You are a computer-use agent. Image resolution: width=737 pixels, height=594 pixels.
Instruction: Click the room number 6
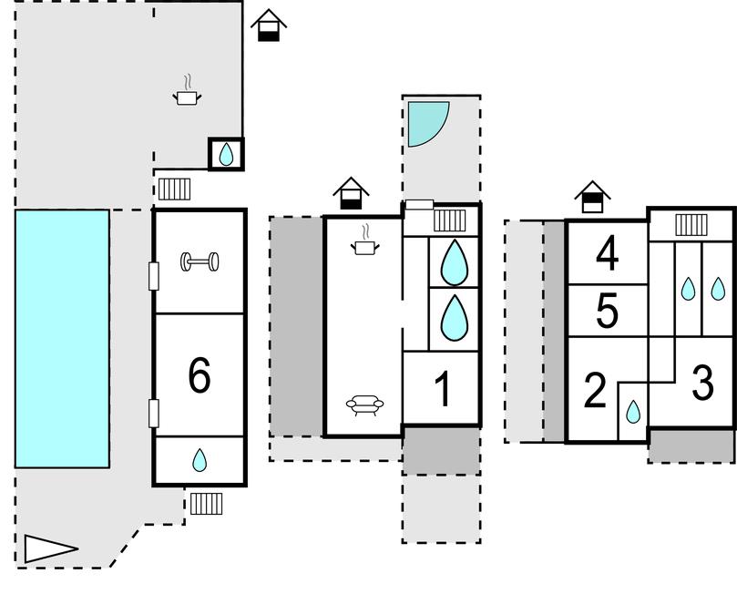pyautogui.click(x=199, y=374)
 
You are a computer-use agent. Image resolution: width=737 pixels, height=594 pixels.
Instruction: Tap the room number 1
pyautogui.click(x=443, y=391)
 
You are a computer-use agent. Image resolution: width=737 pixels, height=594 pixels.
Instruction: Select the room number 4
pyautogui.click(x=608, y=254)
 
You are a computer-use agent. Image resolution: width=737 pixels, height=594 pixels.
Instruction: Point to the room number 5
pyautogui.click(x=608, y=312)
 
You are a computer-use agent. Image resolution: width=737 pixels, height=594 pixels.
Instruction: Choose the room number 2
pyautogui.click(x=595, y=391)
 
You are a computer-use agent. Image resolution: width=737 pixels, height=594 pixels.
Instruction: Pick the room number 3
pyautogui.click(x=702, y=384)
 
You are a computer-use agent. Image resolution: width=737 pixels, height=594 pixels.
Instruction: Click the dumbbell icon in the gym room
pyautogui.click(x=200, y=262)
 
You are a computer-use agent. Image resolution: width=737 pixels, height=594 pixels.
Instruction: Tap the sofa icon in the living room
pyautogui.click(x=364, y=405)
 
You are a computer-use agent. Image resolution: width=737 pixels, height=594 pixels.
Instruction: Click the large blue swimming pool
pyautogui.click(x=62, y=338)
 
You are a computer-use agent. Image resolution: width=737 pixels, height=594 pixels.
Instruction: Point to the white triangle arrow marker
pyautogui.click(x=47, y=548)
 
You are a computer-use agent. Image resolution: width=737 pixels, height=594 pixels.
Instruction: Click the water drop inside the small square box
pyautogui.click(x=226, y=155)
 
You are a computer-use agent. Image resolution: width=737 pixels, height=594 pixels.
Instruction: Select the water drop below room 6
pyautogui.click(x=200, y=461)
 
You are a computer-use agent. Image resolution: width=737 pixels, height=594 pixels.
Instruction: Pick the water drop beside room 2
pyautogui.click(x=633, y=412)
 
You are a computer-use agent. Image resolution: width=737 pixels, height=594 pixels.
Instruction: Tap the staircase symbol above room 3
pyautogui.click(x=691, y=224)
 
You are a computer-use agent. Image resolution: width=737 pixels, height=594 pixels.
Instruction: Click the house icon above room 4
pyautogui.click(x=592, y=196)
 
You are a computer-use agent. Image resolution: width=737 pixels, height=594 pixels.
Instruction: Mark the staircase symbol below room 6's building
pyautogui.click(x=206, y=503)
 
